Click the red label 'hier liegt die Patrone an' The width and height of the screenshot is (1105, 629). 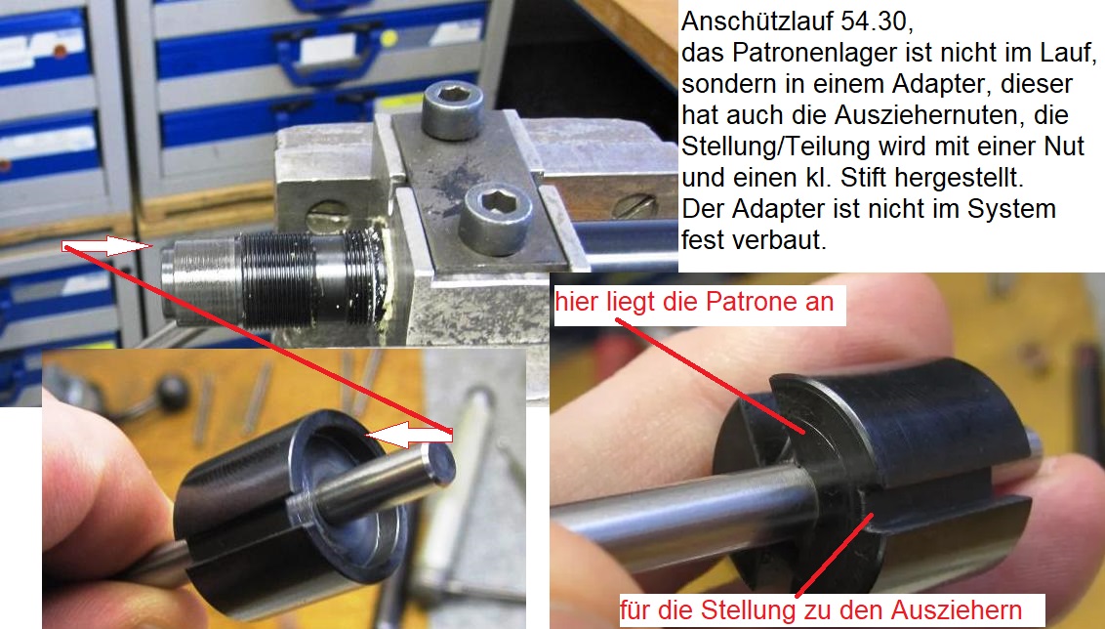point(694,302)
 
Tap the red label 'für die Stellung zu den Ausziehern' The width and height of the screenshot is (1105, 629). point(821,610)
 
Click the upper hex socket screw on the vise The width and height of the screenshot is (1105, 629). point(453,110)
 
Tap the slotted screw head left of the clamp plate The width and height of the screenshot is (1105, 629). point(328,217)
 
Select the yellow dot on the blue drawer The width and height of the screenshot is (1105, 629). point(389,38)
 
